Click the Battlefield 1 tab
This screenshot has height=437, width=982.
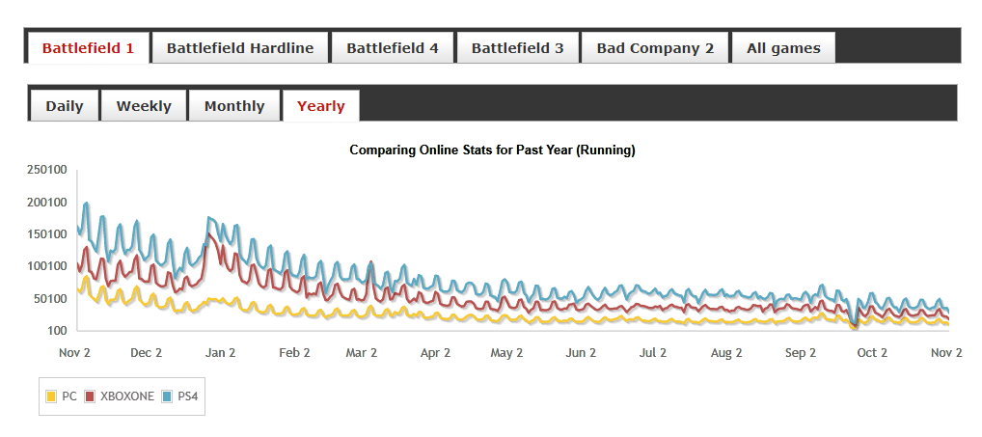tap(88, 47)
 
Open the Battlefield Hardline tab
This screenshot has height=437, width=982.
tap(240, 47)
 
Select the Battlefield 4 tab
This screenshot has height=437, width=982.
tap(393, 47)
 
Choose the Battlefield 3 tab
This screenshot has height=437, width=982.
tap(517, 47)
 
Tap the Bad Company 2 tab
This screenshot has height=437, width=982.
tap(655, 47)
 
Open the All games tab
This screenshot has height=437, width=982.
tap(783, 47)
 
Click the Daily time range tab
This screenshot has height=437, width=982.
tap(65, 106)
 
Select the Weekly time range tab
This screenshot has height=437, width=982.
tap(144, 106)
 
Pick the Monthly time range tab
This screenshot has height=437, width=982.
tap(234, 106)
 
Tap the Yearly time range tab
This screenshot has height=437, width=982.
tap(321, 106)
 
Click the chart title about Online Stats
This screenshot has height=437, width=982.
tap(492, 150)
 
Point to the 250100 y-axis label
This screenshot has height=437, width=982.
tap(46, 170)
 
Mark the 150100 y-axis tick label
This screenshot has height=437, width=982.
tap(46, 234)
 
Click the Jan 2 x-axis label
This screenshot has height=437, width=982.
tap(220, 353)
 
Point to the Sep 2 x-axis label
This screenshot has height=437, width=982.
tap(801, 353)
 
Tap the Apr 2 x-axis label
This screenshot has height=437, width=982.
tap(435, 353)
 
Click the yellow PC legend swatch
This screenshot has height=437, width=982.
tap(51, 396)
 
